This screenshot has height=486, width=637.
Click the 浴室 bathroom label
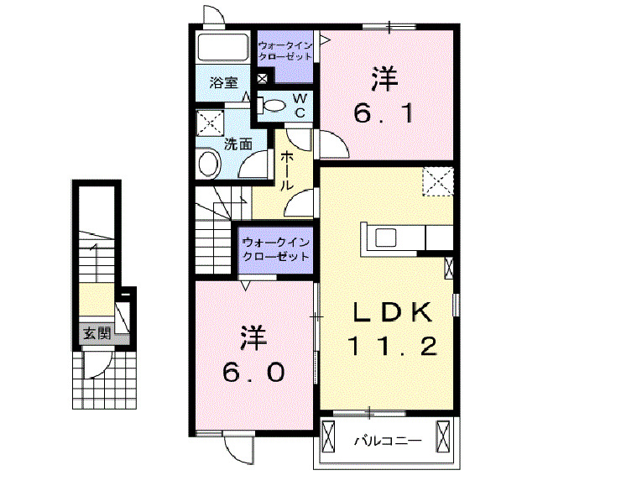click(222, 83)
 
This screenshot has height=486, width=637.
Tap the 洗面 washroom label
click(238, 144)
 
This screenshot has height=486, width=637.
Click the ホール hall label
click(286, 170)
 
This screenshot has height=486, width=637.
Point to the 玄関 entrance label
click(96, 333)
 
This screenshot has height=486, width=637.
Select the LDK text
click(391, 312)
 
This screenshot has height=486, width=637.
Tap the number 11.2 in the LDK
click(393, 345)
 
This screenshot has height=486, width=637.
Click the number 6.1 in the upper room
click(383, 113)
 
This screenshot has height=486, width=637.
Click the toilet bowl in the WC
click(275, 105)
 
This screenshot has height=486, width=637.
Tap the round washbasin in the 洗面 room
click(208, 163)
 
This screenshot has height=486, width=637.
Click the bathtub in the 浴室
click(222, 47)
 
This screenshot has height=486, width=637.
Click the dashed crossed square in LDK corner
click(437, 181)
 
